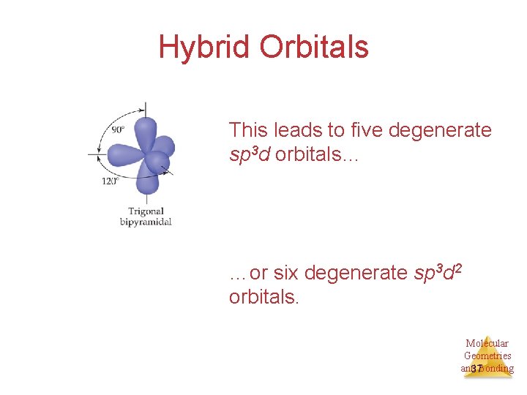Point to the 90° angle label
coord(119,129)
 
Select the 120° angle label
coord(110,181)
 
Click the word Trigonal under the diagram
coord(146,211)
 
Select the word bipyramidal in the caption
coord(146,222)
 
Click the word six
coord(285,274)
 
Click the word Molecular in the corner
coord(487,343)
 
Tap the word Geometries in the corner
coord(487,355)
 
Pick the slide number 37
coord(476,369)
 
